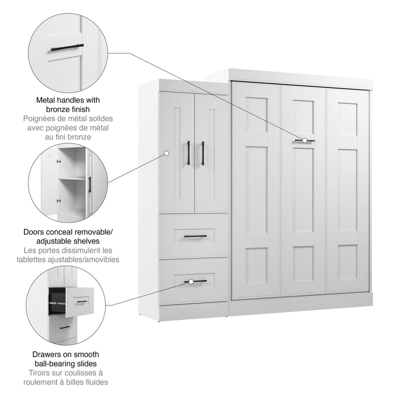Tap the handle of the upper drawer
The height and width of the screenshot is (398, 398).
click(195, 236)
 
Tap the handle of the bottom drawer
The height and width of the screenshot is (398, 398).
click(195, 282)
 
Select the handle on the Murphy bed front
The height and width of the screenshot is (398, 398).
click(304, 141)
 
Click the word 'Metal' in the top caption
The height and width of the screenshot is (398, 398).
click(46, 99)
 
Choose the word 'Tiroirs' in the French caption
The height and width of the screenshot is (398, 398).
click(36, 373)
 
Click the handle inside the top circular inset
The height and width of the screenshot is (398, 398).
click(68, 48)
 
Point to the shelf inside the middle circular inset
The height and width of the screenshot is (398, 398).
click(73, 177)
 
